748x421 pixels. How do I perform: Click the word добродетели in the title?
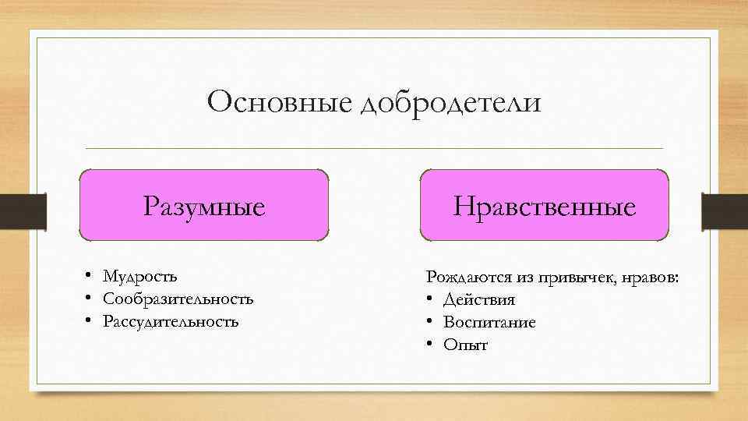[x=450, y=104]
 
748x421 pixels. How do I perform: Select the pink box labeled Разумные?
[x=204, y=205]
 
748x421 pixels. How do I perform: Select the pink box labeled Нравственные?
[x=545, y=205]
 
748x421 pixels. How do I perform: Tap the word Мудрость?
[x=140, y=277]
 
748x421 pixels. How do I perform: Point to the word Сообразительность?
[x=178, y=299]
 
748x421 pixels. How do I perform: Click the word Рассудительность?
[x=171, y=322]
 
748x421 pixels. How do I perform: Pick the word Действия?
[x=479, y=300]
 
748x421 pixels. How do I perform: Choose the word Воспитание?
[x=489, y=323]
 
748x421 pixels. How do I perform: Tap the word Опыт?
[x=465, y=345]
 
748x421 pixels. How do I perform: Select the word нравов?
[x=650, y=278]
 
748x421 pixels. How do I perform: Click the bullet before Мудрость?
[x=90, y=277]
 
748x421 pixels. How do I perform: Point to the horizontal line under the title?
[x=374, y=148]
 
